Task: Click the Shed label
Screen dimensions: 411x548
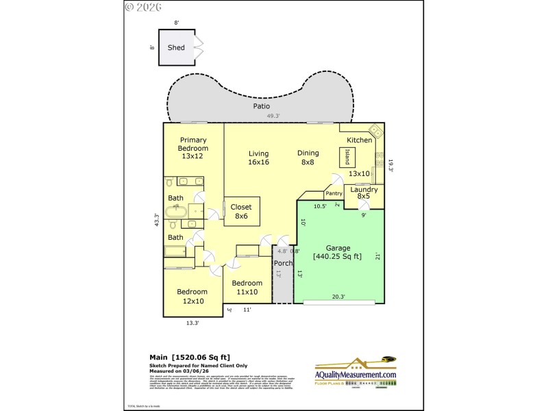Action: click(x=176, y=48)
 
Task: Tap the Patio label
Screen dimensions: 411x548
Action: click(x=261, y=106)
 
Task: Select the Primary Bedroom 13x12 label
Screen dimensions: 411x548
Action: click(x=193, y=148)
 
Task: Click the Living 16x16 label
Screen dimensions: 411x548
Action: click(x=258, y=158)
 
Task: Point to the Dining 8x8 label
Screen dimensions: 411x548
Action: click(x=308, y=158)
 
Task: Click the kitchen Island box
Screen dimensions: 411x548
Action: click(x=348, y=157)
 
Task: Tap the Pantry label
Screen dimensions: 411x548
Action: click(x=334, y=194)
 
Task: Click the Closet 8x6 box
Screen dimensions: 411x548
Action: click(x=241, y=211)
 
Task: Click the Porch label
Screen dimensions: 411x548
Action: click(x=284, y=263)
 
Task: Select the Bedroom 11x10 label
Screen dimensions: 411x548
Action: click(x=247, y=288)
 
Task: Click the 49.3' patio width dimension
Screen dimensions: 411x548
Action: click(x=274, y=116)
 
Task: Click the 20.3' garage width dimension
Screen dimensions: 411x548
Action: click(x=338, y=297)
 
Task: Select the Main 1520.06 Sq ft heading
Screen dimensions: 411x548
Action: click(x=190, y=357)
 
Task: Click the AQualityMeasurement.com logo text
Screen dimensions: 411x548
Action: click(x=356, y=375)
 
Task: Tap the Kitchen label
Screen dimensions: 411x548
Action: click(x=359, y=140)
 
